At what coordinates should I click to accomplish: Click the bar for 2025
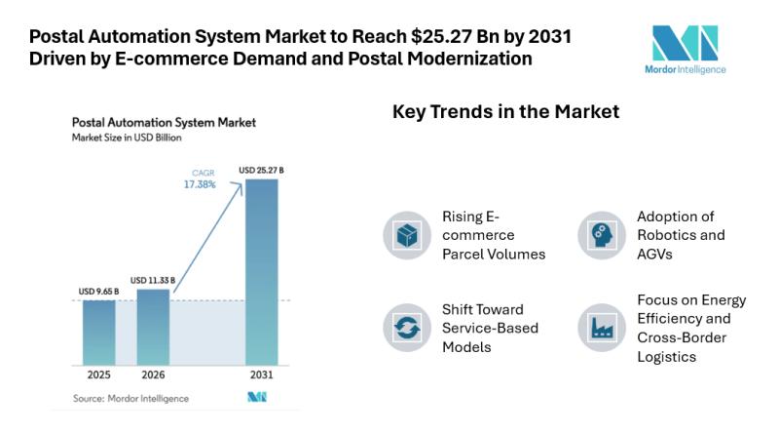tap(98, 332)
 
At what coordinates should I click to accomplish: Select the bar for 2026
tap(152, 326)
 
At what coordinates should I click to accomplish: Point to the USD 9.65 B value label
tap(98, 291)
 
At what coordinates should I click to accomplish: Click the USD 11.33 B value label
tap(152, 280)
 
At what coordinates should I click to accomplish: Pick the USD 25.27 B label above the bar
tap(261, 171)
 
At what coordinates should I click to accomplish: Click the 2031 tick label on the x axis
tap(261, 375)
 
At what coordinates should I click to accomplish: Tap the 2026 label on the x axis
tap(152, 375)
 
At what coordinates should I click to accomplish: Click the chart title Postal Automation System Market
tap(164, 123)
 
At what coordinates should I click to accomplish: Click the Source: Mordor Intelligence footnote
tap(131, 398)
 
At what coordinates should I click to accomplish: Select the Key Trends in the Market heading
tap(505, 112)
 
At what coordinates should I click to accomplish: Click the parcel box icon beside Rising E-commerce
tap(405, 234)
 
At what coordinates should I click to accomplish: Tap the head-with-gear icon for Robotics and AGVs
tap(600, 234)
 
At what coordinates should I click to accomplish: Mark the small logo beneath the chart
tap(256, 398)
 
